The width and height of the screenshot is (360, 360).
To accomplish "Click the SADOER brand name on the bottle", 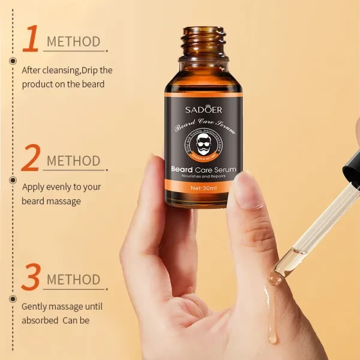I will (x=203, y=109).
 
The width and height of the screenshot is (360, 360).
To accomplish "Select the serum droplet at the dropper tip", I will (x=275, y=277).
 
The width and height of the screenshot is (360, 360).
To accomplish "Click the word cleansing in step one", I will (x=62, y=70).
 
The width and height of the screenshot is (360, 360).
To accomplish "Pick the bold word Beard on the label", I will (x=184, y=170).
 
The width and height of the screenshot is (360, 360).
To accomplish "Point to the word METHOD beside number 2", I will (x=73, y=161).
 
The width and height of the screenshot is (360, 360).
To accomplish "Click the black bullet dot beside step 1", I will (x=12, y=61).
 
